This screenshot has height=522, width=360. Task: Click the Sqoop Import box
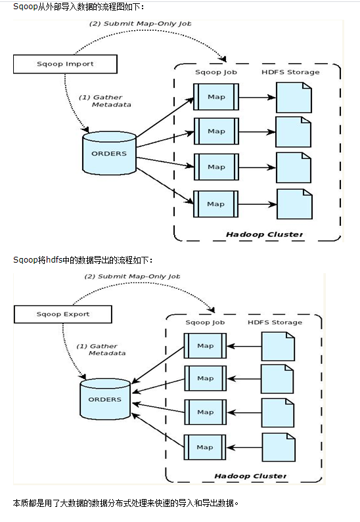[x=65, y=64]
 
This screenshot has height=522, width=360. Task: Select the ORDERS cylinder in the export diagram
[x=104, y=399]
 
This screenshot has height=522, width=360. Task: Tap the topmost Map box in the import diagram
[x=215, y=96]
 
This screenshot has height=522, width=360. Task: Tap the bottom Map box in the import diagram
[x=215, y=204]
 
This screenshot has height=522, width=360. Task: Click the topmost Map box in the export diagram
[x=205, y=345]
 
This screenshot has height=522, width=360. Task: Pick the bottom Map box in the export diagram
[x=205, y=447]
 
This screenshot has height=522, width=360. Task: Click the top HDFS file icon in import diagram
[x=293, y=97]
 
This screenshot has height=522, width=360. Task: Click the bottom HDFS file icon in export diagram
[x=278, y=447]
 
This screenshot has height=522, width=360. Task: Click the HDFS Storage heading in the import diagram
[x=290, y=72]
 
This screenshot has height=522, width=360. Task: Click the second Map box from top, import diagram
[x=215, y=131]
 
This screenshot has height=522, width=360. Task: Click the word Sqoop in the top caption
[x=25, y=7]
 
